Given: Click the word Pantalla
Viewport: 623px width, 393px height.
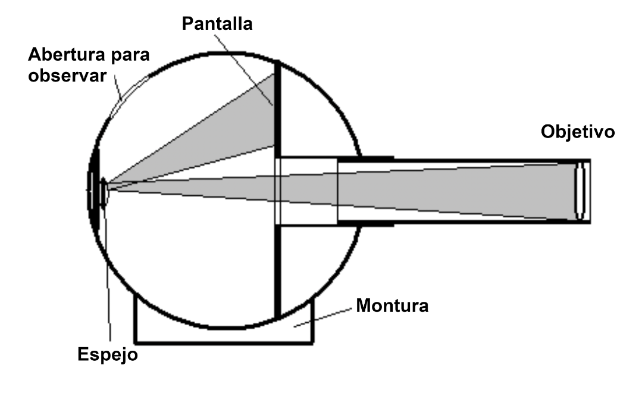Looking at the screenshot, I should pyautogui.click(x=218, y=24).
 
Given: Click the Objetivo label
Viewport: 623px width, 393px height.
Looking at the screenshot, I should pyautogui.click(x=578, y=132).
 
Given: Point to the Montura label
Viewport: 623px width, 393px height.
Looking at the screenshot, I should pyautogui.click(x=392, y=307).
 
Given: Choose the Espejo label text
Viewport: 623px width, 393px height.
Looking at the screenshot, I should pyautogui.click(x=108, y=355).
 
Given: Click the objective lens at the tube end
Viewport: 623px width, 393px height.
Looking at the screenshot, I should pyautogui.click(x=580, y=191).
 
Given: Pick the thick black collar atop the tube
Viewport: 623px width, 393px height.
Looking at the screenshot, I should pyautogui.click(x=366, y=158).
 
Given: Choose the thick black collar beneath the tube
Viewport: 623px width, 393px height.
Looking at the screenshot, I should pyautogui.click(x=366, y=224).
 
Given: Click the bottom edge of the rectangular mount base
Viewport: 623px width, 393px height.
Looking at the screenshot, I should pyautogui.click(x=224, y=342).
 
